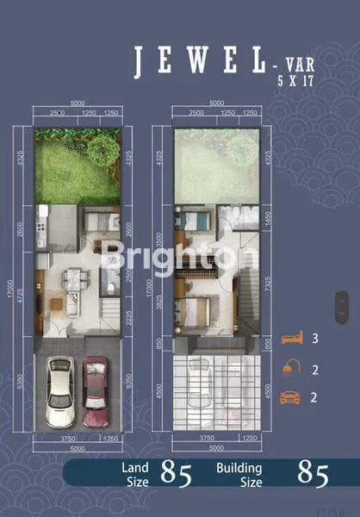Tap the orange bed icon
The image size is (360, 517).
[x=292, y=338]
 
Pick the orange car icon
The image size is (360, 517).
[x=292, y=397]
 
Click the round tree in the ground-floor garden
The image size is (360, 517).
[x=102, y=149]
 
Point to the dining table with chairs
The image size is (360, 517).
[x=75, y=280]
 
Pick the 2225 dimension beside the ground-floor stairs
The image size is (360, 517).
[x=127, y=321]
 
